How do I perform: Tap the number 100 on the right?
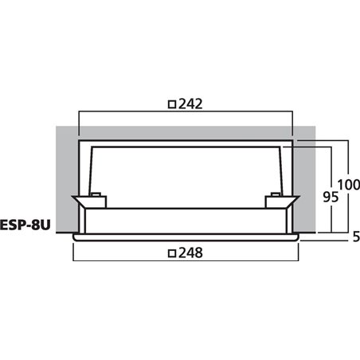pos(348,185)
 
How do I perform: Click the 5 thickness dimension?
pos(354,237)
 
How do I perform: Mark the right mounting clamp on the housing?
pos(286,204)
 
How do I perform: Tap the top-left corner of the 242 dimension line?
pos(79,112)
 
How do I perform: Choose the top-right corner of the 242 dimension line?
pos(293,112)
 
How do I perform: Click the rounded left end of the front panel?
pos(74,237)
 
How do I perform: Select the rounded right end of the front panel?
pos(298,237)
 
